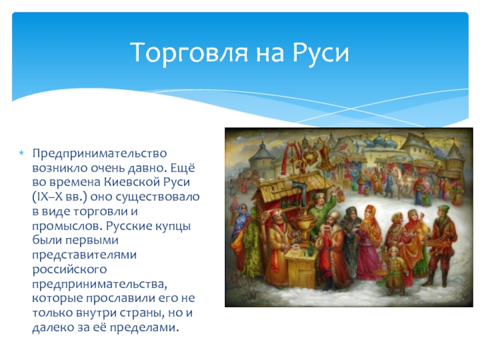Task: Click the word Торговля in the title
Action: (x=189, y=53)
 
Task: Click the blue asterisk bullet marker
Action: (x=22, y=152)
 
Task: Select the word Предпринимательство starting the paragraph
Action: (x=100, y=154)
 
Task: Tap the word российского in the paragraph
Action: (x=70, y=270)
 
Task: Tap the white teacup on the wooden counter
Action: (x=296, y=248)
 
